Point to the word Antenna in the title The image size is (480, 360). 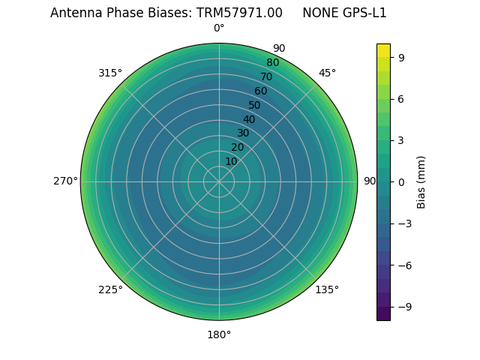[x=74, y=13]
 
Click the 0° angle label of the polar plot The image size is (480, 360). [x=219, y=28]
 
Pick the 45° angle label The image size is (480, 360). [x=327, y=73]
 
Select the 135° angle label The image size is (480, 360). [x=327, y=289]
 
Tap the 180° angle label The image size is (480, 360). [x=219, y=334]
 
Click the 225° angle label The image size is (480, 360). [x=110, y=289]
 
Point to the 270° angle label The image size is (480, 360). [x=65, y=181]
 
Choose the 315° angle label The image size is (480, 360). [x=110, y=73]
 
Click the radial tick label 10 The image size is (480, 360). [x=231, y=161]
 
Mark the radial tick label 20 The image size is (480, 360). [x=237, y=147]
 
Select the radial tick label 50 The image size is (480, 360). [x=254, y=105]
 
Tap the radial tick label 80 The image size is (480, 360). [x=272, y=62]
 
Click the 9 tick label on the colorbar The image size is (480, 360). [x=400, y=56]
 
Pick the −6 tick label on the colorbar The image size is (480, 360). [x=403, y=265]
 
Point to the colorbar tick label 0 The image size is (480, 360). [x=400, y=181]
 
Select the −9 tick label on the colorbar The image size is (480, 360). [x=403, y=307]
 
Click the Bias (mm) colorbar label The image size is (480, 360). [x=421, y=181]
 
